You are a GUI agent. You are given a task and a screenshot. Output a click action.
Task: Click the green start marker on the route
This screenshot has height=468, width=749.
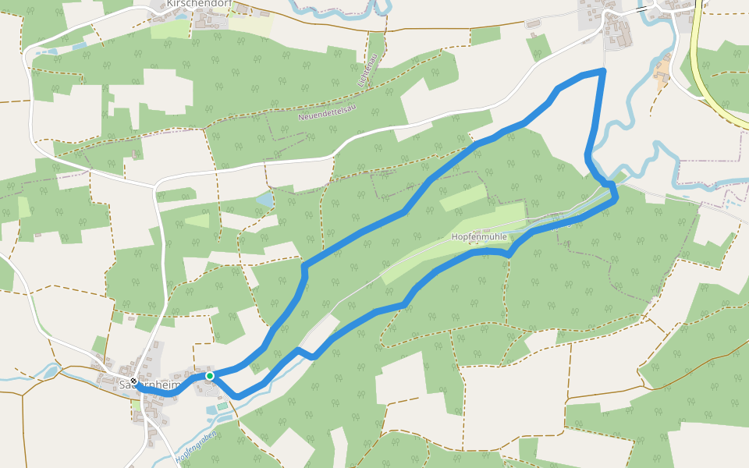210,376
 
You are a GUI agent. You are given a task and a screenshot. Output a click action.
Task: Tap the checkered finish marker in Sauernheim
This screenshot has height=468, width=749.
134,381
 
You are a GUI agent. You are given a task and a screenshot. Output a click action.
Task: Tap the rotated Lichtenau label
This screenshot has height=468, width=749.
364,70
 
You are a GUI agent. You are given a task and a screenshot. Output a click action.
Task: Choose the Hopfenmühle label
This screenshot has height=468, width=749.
479,236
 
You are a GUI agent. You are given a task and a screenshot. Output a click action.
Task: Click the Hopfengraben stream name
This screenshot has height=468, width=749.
195,447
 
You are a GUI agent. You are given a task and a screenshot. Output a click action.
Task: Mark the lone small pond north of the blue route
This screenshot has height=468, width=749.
265,200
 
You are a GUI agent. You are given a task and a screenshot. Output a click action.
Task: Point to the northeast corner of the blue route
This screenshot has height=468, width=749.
603,71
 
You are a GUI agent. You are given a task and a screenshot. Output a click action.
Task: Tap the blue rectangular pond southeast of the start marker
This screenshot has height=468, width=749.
213,409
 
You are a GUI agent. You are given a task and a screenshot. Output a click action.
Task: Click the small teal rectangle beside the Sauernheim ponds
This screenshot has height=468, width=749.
222,406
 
